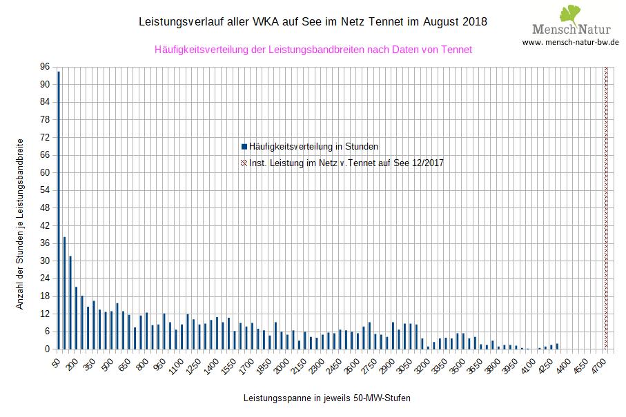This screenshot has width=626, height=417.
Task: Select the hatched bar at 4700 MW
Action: point(607,207)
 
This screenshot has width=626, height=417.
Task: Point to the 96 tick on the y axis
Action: point(45,67)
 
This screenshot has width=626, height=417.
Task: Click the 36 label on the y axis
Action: point(45,243)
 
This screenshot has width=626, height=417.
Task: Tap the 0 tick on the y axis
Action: point(47,349)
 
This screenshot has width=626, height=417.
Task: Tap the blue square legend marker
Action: point(244,146)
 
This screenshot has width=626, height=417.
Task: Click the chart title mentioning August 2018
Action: point(313,22)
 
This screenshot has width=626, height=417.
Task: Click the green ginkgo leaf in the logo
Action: point(569,14)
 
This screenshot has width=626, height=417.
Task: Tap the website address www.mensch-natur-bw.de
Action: point(570,42)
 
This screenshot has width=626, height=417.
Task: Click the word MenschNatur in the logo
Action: point(570,30)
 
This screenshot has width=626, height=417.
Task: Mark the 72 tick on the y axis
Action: point(45,137)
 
